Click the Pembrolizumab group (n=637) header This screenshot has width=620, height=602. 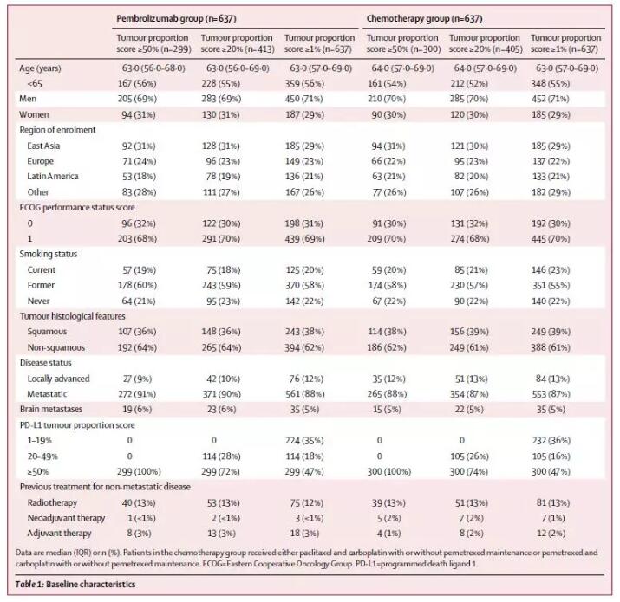coord(176,18)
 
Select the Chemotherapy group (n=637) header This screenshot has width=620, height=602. coord(424,18)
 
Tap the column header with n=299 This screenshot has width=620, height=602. coord(153,43)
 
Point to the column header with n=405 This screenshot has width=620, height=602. coord(486,43)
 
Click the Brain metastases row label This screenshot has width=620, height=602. coord(51,409)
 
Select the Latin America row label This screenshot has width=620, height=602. coord(53,176)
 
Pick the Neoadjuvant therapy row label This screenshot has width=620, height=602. coord(66,518)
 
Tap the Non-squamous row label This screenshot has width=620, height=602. coord(55,347)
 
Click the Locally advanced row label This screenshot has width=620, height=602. coord(58,379)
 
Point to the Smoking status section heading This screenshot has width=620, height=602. coord(49,254)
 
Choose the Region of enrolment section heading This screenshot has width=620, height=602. coord(57,130)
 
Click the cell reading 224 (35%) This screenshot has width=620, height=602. coord(304,440)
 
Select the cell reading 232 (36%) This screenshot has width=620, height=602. coord(551,440)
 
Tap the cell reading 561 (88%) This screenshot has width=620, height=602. coord(305,394)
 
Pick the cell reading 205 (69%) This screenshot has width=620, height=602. coord(137,99)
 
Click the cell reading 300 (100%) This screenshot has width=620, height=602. coord(388,472)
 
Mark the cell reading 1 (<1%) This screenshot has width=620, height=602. coord(141,518)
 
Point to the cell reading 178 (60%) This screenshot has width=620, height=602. coord(137,285)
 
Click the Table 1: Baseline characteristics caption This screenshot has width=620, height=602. coord(75,584)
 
